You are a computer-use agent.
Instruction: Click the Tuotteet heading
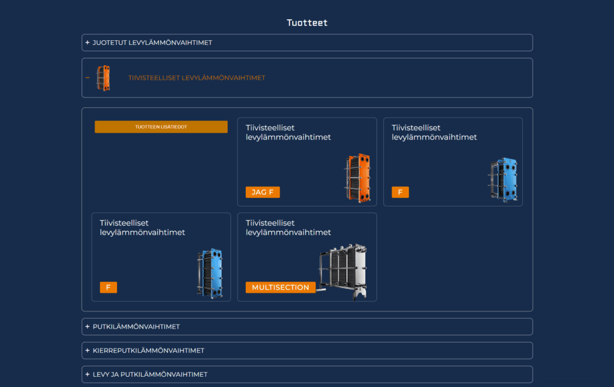tap(307, 23)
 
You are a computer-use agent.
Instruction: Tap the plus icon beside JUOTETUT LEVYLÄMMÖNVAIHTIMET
tap(88, 43)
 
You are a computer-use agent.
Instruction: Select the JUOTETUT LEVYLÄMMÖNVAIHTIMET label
tap(152, 43)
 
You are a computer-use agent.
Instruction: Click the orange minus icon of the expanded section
tap(88, 78)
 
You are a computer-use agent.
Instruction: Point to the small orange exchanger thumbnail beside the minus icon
tap(103, 78)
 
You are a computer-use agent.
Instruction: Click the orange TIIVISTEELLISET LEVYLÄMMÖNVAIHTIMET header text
tap(197, 78)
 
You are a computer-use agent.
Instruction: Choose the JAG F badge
tap(263, 193)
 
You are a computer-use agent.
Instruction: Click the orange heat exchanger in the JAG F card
tap(358, 178)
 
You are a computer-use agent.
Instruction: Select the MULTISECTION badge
tap(281, 287)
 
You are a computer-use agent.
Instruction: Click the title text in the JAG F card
tap(288, 133)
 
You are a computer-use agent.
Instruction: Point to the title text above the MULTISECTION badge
tap(288, 227)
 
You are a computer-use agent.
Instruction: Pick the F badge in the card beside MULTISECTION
tap(109, 287)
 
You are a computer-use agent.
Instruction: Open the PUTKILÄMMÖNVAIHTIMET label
tap(136, 326)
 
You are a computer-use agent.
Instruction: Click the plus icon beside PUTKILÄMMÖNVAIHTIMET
tap(88, 326)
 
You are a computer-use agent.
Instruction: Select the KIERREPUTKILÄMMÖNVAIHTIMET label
tap(149, 350)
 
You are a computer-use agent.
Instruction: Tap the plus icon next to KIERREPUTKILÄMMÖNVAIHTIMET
tap(88, 350)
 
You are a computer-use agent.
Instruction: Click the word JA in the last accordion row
tap(115, 374)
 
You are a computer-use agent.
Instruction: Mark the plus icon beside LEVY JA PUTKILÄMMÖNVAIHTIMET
tap(88, 374)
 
